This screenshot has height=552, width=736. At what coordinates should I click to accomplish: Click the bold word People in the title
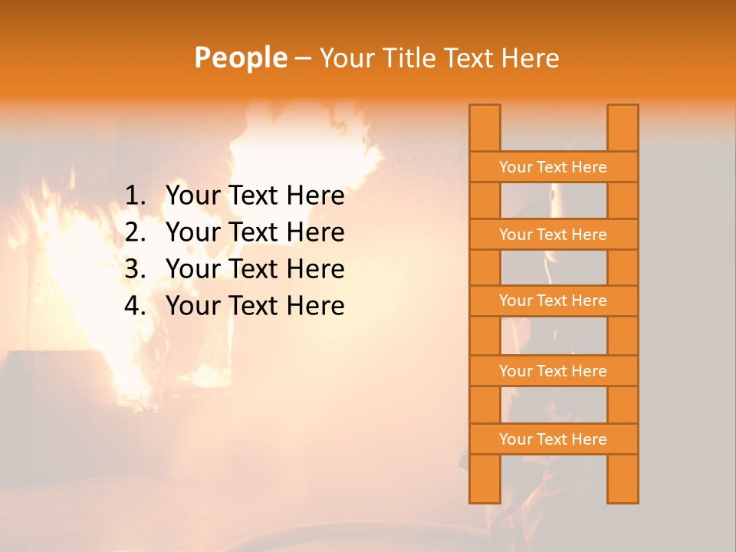tap(241, 58)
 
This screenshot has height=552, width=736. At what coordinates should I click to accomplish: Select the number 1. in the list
tap(135, 196)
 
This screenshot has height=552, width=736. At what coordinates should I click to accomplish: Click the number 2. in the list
tap(135, 232)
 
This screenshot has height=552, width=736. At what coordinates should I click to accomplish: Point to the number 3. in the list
tap(135, 269)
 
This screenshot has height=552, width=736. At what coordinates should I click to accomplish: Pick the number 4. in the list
tap(135, 306)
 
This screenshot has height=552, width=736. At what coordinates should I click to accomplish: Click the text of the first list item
tap(255, 196)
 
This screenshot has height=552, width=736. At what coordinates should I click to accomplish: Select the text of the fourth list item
tap(255, 306)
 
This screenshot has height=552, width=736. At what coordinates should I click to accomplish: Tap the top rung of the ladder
tap(553, 167)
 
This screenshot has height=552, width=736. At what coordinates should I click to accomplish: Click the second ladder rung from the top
tap(553, 235)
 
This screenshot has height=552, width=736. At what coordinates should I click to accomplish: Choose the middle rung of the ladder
tap(553, 301)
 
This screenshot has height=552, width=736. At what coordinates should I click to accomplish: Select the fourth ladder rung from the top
tap(553, 371)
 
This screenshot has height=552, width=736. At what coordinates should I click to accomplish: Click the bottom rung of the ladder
tap(553, 439)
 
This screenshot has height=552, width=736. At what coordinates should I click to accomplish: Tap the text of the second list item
tap(255, 232)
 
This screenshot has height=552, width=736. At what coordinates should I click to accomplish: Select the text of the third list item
tap(255, 269)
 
